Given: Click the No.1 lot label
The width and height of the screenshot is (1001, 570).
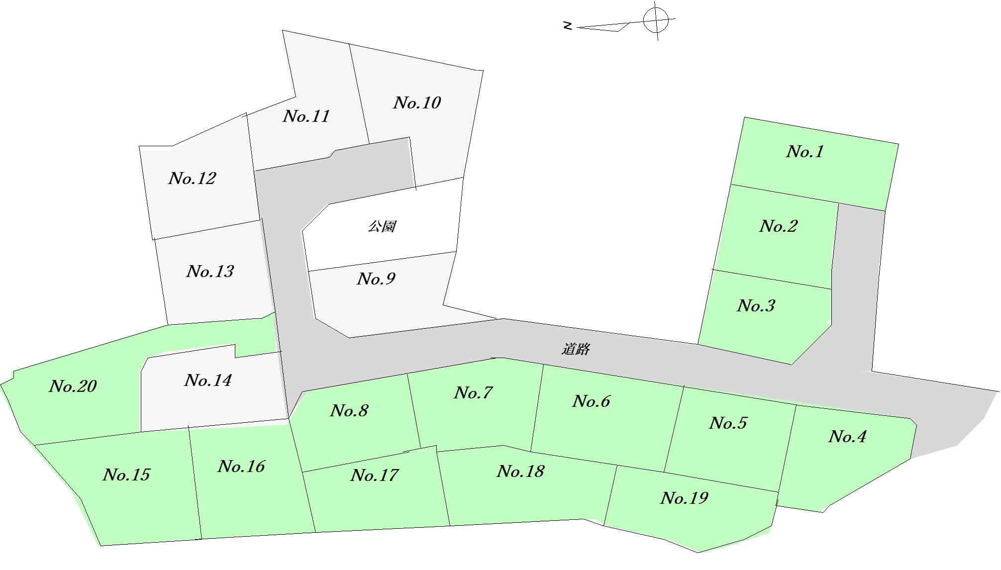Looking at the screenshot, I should (x=805, y=152).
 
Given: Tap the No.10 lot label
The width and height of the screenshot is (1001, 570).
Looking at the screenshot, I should (x=417, y=103).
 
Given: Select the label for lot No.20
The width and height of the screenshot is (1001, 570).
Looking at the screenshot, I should (x=73, y=386).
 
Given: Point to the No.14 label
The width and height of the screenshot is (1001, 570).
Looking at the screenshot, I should (x=208, y=380).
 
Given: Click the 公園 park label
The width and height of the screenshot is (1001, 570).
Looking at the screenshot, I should (x=382, y=227).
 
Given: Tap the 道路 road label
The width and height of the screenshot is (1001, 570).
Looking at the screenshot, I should (x=576, y=349).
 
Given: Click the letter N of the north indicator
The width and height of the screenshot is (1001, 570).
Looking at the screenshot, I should (x=568, y=25).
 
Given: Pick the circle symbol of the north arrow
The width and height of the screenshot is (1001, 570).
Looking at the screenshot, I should (x=656, y=20).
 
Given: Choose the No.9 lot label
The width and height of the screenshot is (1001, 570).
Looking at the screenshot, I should (x=376, y=279).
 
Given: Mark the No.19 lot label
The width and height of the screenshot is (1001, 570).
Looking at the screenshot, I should (x=684, y=498).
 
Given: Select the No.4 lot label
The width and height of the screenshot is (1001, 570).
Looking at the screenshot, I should (x=847, y=437).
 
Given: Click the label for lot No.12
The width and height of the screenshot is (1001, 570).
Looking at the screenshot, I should (x=192, y=179).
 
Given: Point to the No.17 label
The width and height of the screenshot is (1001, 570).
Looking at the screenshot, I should (x=374, y=475).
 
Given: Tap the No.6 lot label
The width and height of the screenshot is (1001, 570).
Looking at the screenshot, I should (x=591, y=401).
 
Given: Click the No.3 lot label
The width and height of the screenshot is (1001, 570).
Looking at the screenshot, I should (x=756, y=306).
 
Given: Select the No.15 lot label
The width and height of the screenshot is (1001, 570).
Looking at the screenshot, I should (x=126, y=475).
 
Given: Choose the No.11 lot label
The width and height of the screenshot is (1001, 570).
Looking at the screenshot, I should (x=306, y=116).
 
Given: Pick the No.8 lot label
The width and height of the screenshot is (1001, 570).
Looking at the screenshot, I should (x=349, y=411).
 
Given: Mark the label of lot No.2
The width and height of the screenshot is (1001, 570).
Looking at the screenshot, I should (x=778, y=226).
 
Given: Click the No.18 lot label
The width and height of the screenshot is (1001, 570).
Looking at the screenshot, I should (x=520, y=472).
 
